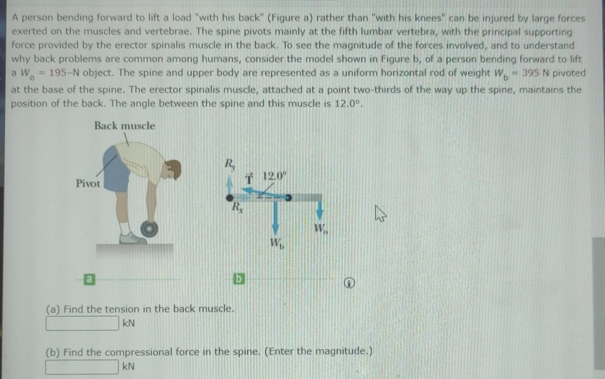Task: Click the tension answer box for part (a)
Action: (x=82, y=323)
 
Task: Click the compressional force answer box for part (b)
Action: (x=82, y=367)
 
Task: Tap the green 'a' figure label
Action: (x=89, y=279)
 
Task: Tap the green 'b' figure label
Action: (x=239, y=279)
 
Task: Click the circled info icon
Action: (x=349, y=283)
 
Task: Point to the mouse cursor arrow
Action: (x=380, y=213)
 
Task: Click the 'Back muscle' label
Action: (x=124, y=126)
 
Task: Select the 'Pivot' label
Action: (x=88, y=183)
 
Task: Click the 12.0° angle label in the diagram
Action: (x=274, y=175)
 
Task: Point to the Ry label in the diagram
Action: (x=230, y=164)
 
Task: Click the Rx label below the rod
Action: (x=237, y=207)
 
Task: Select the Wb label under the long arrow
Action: (x=277, y=243)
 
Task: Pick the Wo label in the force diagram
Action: (x=320, y=229)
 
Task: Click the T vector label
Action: (x=249, y=179)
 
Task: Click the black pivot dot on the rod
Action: (x=230, y=198)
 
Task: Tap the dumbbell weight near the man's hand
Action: (x=149, y=229)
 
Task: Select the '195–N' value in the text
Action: (x=64, y=73)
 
